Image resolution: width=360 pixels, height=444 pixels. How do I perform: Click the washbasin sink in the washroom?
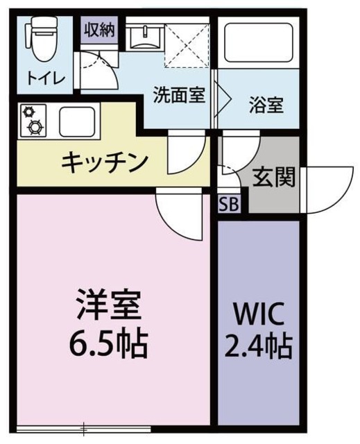coord(145,35)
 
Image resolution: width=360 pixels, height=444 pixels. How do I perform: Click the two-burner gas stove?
coord(32,120)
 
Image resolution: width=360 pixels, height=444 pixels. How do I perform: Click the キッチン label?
coord(105,162)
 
